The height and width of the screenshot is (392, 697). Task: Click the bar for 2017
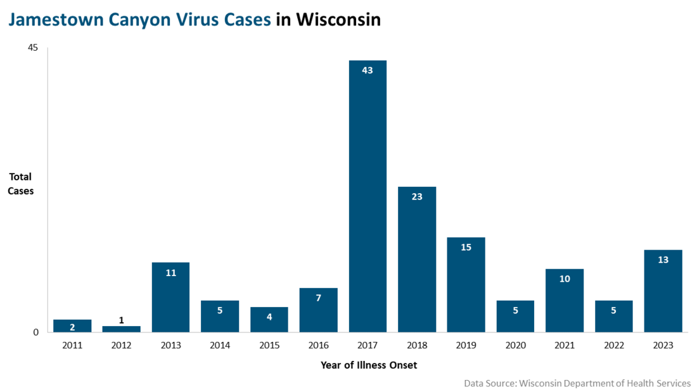tap(368, 196)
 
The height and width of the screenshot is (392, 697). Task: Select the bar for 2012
tap(122, 329)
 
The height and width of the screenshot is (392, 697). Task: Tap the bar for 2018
tap(417, 260)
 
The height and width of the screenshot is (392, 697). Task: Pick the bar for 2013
tap(170, 298)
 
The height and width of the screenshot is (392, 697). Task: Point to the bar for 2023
tap(663, 291)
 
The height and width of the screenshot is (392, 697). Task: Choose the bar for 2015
tap(269, 320)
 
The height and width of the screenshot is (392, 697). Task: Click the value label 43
tap(368, 70)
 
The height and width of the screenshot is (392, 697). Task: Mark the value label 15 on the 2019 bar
tap(466, 247)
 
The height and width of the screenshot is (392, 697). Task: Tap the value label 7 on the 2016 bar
tap(319, 298)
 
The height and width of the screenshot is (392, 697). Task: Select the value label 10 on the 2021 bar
tap(565, 279)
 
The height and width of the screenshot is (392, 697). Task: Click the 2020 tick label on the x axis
tap(515, 346)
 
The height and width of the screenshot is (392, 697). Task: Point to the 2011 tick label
tap(72, 346)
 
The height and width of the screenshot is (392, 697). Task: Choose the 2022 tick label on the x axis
tap(613, 346)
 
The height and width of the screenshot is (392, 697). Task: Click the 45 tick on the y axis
tap(33, 48)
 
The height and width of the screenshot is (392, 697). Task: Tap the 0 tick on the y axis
tap(36, 332)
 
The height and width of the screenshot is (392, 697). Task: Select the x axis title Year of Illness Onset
tap(368, 365)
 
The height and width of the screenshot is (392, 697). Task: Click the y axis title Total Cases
tap(20, 184)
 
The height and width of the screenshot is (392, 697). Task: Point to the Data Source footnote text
tap(577, 383)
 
